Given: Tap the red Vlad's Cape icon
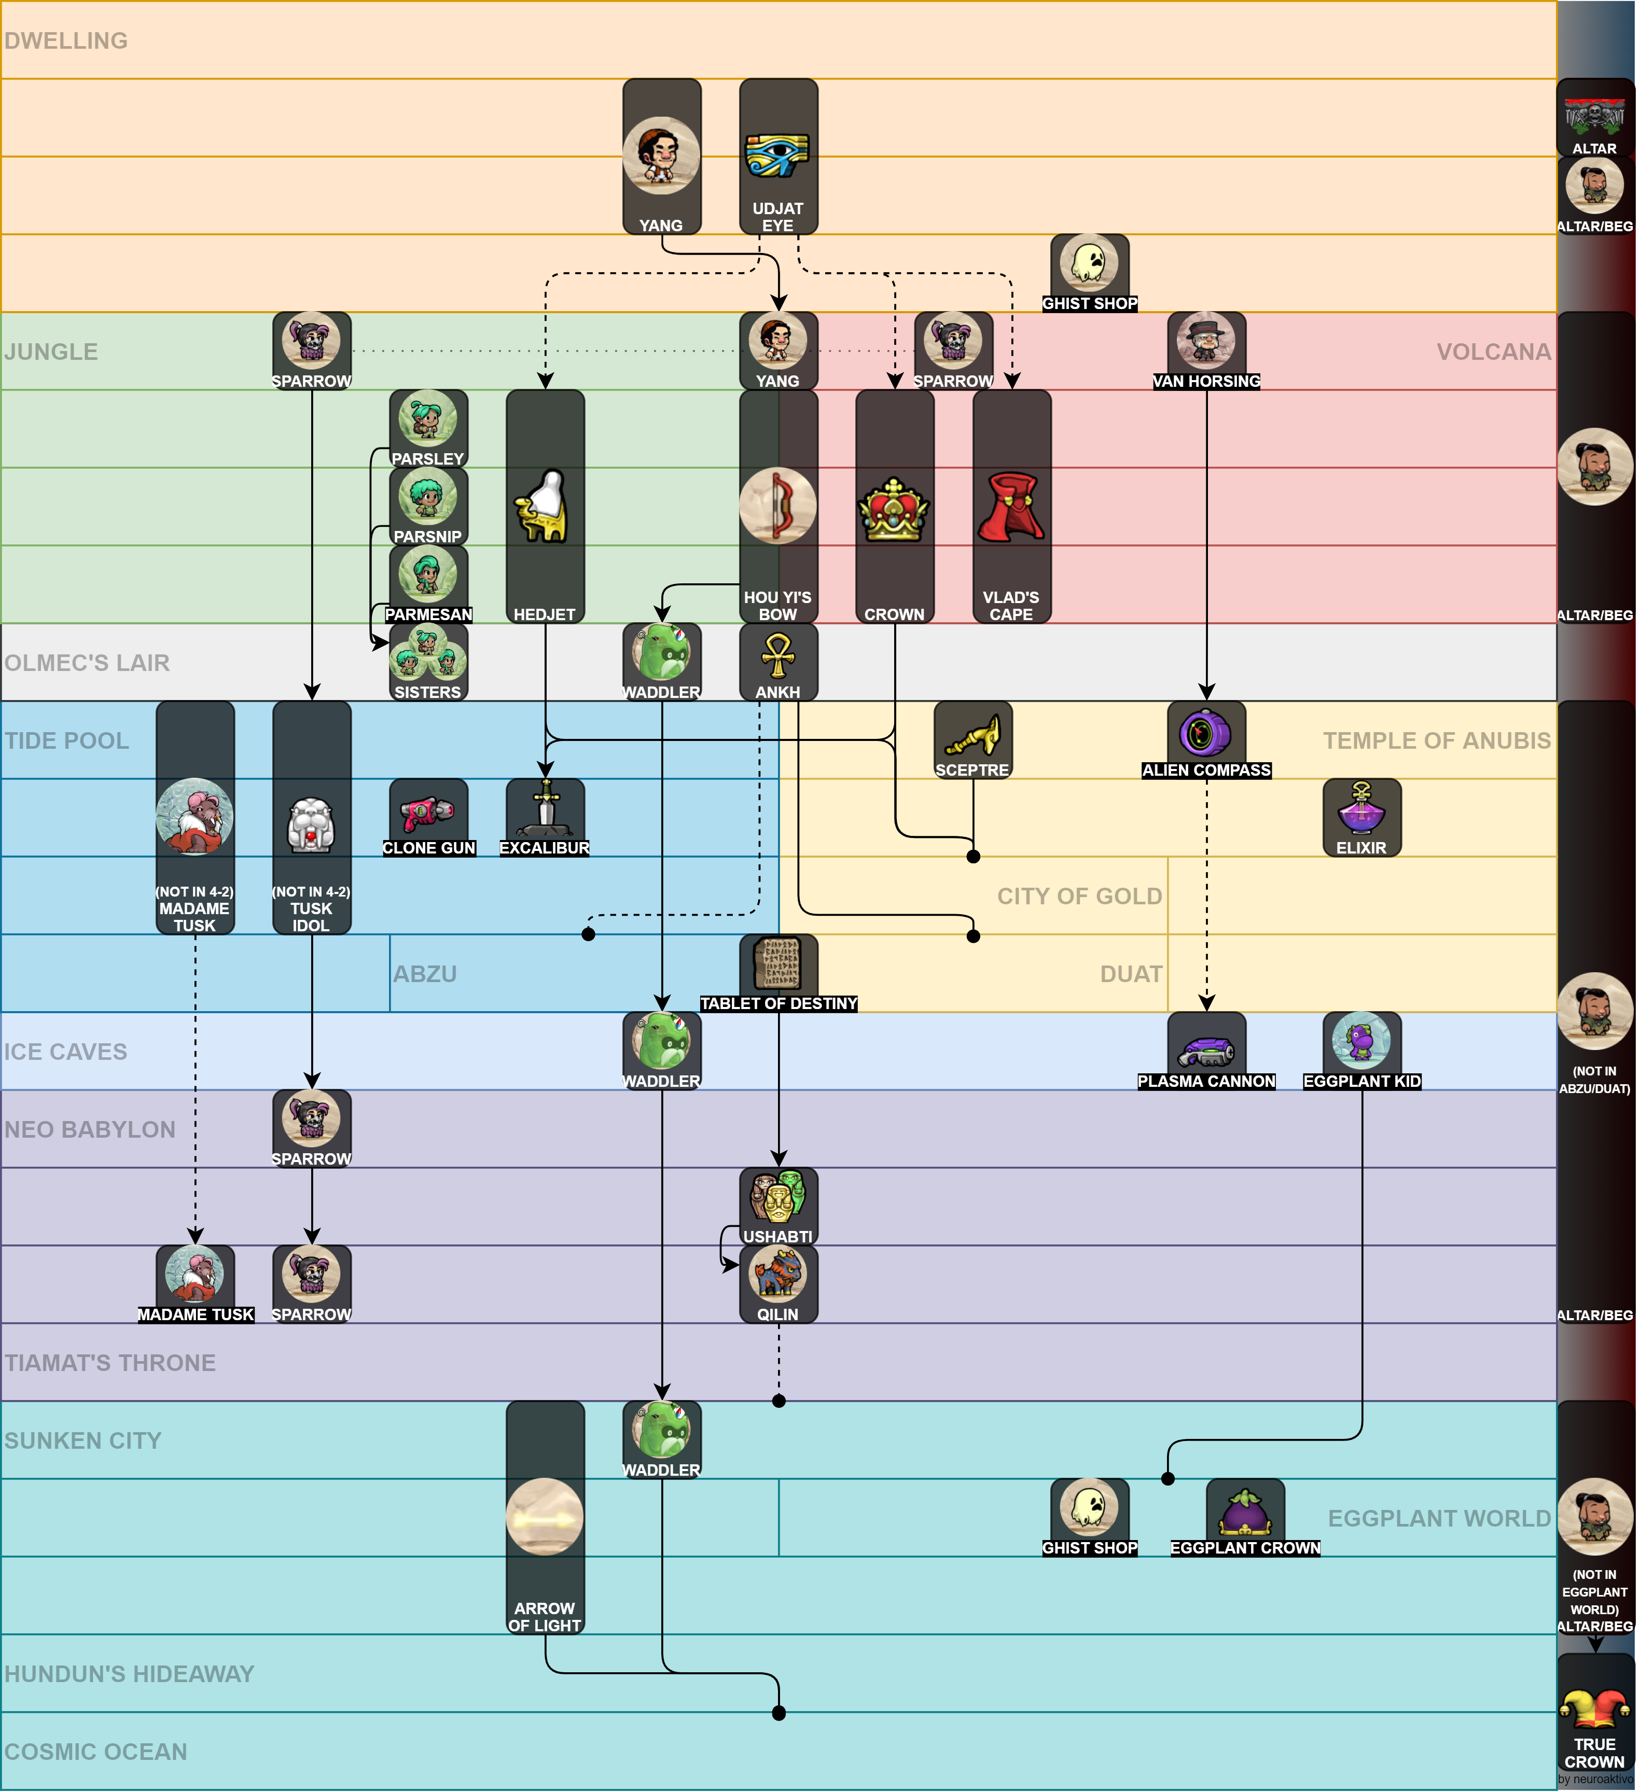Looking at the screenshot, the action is tap(1011, 507).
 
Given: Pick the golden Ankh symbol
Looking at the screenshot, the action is tap(778, 655).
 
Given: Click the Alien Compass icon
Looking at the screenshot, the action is tap(1205, 733).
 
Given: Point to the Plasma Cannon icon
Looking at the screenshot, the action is tap(1205, 1050).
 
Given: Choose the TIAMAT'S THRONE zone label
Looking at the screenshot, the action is tap(110, 1363).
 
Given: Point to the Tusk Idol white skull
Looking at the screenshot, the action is tap(311, 824).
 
